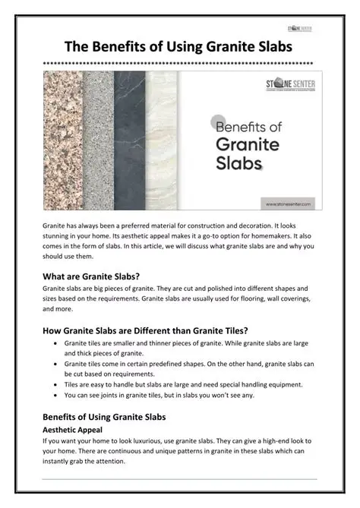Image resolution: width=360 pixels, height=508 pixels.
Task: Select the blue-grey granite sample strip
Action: click(98, 140)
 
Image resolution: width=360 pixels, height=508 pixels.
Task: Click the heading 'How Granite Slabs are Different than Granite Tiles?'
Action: click(145, 330)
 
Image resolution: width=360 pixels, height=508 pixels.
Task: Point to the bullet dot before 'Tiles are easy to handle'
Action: click(58, 384)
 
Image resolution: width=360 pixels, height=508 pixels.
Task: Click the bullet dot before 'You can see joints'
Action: click(58, 395)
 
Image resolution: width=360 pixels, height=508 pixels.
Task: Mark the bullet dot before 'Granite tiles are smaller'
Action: click(58, 343)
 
